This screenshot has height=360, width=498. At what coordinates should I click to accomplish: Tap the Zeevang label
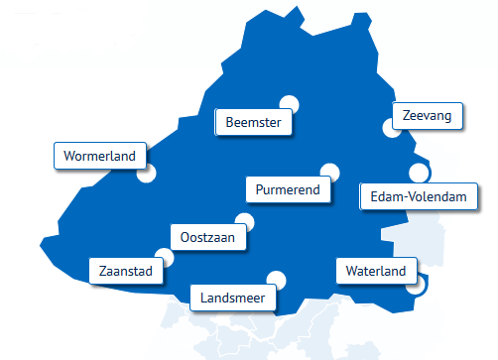[x=428, y=116]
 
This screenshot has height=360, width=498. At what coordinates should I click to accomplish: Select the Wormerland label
[x=99, y=156]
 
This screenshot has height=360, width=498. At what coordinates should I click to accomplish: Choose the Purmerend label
[x=288, y=188]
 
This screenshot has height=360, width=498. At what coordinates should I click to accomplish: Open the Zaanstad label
[x=126, y=270]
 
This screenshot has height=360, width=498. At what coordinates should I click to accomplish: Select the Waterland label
[x=376, y=271]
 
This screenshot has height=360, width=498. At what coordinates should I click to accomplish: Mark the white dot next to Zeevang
[x=390, y=128]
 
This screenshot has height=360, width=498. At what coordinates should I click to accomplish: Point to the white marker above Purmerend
[x=329, y=172]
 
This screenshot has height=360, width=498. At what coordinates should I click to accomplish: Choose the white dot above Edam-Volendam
[x=418, y=174]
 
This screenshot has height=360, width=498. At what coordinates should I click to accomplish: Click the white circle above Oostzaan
[x=243, y=222]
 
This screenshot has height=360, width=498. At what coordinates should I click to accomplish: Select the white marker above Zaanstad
[x=164, y=257]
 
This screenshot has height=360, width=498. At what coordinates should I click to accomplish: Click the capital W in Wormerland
[x=68, y=156]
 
